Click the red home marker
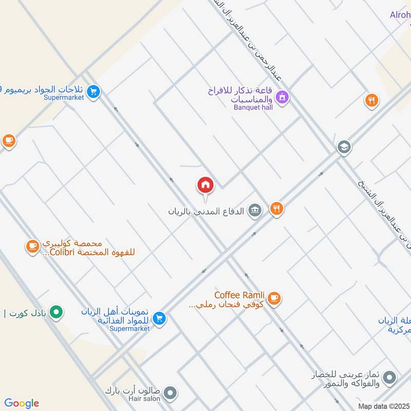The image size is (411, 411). click(206, 185)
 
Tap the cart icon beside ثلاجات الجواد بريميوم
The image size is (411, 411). click(93, 92)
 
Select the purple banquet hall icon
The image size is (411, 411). click(282, 96)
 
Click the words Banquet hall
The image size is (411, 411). click(253, 107)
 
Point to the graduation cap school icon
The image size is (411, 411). click(344, 147)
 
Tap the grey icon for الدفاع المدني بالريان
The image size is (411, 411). click(254, 210)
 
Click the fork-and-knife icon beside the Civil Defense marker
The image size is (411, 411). click(277, 208)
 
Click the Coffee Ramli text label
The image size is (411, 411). click(239, 295)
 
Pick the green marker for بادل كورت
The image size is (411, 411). click(57, 311)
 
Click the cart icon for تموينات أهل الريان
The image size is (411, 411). click(159, 319)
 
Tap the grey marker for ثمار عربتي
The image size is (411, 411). click(390, 378)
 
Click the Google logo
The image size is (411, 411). click(22, 403)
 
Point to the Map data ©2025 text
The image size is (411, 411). click(384, 406)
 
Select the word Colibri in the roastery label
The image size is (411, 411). click(65, 252)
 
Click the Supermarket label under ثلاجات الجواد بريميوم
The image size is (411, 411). click(64, 97)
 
